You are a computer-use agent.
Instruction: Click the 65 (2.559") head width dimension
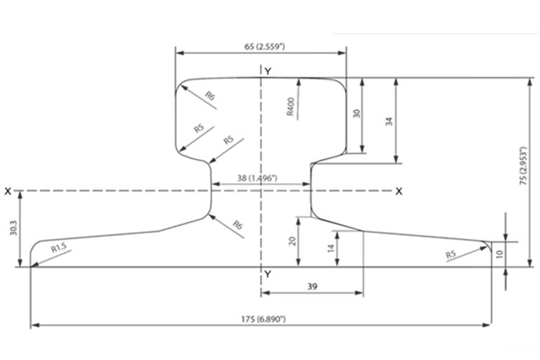pos(264,47)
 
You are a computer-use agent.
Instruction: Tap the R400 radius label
pos(291,107)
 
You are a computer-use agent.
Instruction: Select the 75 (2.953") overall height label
pos(523,166)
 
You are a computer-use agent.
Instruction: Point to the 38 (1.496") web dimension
pos(257,178)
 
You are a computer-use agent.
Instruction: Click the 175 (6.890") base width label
pos(264,319)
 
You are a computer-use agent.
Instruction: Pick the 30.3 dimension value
pos(13,228)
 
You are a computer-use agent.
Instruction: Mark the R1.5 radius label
pos(58,248)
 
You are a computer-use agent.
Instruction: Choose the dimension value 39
pos(312,287)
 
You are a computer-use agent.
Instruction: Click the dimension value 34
pos(389,121)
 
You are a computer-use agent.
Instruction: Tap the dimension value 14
pos(331,248)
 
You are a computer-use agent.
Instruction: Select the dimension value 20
pos(292,240)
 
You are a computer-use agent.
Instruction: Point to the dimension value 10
pos(500,254)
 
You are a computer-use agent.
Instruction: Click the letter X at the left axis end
pos(8,192)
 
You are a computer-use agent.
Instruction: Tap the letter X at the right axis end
pos(399,192)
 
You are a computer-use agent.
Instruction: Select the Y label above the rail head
pos(268,71)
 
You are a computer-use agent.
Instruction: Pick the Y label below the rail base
pos(268,274)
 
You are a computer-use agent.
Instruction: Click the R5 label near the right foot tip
pos(451,255)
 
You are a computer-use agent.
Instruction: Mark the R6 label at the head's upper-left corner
pos(210,96)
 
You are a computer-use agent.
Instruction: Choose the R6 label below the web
pos(238,225)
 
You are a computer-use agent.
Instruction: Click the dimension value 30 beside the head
pos(357,113)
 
